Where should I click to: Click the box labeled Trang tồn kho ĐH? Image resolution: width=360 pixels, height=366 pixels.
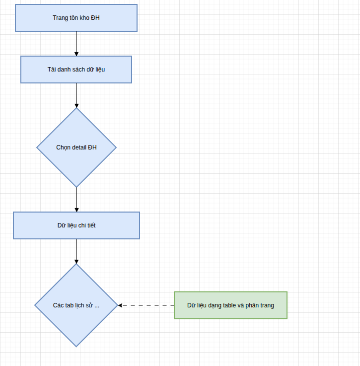click(76, 18)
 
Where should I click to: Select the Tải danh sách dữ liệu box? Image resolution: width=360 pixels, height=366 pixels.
click(76, 69)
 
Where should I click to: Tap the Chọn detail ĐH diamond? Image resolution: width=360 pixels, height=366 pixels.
click(76, 147)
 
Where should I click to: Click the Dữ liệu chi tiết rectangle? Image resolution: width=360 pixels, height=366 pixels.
click(76, 225)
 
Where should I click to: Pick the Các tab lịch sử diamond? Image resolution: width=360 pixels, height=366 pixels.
click(76, 305)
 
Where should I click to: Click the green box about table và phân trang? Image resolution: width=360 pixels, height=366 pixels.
click(230, 305)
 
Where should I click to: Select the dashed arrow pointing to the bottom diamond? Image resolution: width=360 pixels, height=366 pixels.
click(146, 305)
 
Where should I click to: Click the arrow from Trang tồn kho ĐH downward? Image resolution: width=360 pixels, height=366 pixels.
click(76, 43)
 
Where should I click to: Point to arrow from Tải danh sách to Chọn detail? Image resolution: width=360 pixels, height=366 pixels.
click(76, 95)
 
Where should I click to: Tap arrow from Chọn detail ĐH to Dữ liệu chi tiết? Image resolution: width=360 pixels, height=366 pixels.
click(76, 199)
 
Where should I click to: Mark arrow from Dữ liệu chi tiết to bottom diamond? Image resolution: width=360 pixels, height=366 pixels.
click(76, 251)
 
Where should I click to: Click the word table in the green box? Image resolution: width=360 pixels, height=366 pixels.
click(229, 305)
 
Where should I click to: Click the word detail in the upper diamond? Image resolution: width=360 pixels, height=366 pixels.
click(79, 147)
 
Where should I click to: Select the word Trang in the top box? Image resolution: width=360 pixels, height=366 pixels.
click(60, 18)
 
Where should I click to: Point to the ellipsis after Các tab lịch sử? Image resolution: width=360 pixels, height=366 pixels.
click(96, 305)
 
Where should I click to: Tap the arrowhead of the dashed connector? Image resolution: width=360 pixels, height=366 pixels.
click(121, 305)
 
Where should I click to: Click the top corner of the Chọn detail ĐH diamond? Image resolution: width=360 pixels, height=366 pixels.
click(76, 109)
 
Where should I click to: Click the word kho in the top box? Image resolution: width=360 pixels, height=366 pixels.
click(85, 18)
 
